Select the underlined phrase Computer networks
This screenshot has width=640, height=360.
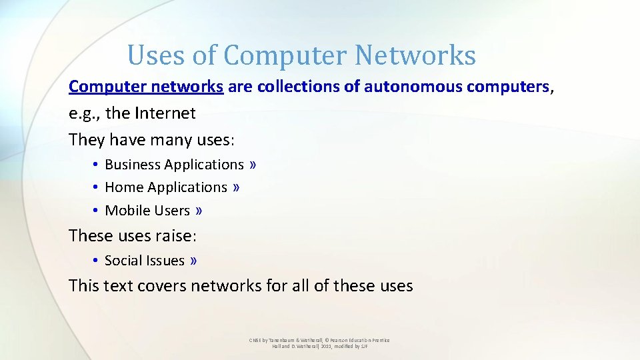146,87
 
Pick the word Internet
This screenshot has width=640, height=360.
165,113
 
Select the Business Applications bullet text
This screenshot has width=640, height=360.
174,165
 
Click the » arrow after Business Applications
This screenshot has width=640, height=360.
253,165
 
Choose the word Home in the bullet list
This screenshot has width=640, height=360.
124,187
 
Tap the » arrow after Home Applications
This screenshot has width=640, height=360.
236,187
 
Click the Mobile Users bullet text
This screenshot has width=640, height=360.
147,211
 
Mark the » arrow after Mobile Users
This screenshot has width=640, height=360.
199,211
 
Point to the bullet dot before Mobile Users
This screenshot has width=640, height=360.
97,211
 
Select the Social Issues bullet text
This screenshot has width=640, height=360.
145,261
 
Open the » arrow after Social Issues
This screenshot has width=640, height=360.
193,261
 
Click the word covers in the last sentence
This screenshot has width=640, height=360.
162,286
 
